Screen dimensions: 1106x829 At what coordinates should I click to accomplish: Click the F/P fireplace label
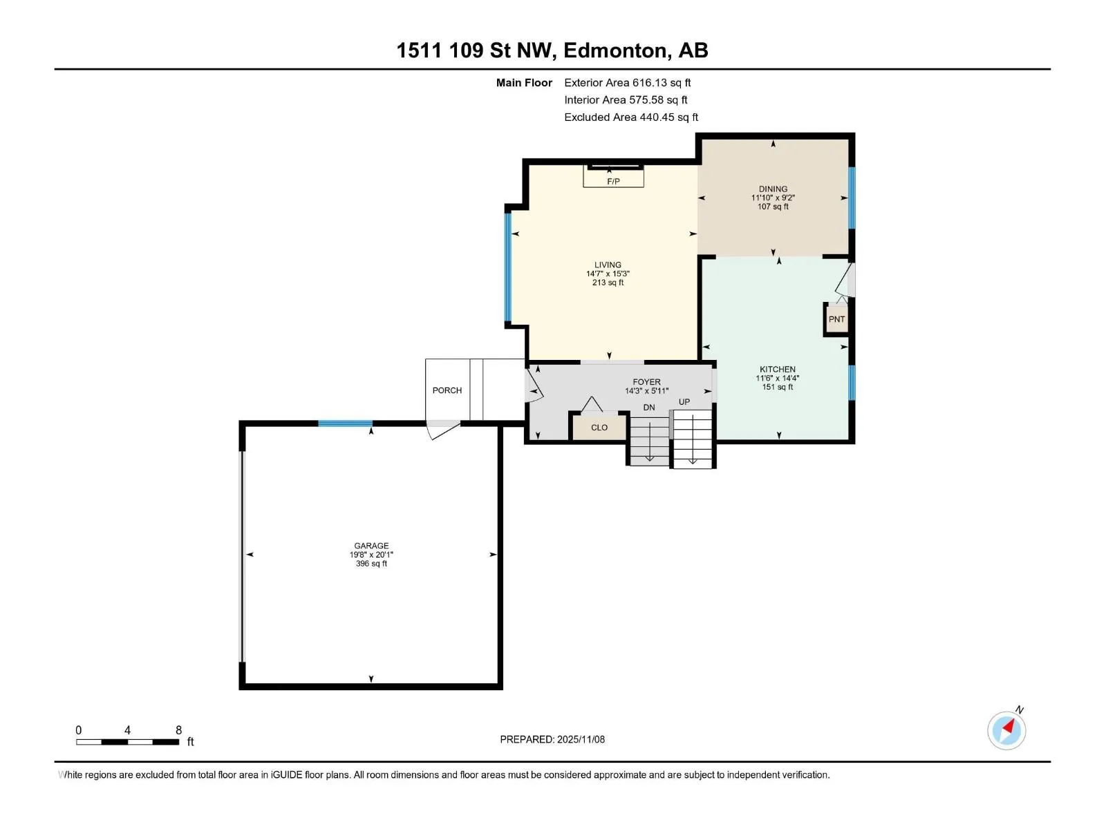click(x=612, y=181)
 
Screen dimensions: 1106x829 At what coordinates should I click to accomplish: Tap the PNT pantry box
click(x=836, y=319)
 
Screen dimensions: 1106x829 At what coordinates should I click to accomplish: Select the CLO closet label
click(x=599, y=428)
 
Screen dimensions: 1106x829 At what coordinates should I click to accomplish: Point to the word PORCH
click(x=447, y=390)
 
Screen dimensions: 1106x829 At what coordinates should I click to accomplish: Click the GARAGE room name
click(x=371, y=546)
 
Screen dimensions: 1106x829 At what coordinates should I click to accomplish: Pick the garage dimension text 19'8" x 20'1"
click(x=371, y=555)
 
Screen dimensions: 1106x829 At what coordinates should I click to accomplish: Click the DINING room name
click(x=773, y=189)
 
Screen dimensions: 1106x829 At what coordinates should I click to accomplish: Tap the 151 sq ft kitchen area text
click(x=778, y=387)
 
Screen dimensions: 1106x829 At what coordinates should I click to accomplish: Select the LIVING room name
click(x=608, y=265)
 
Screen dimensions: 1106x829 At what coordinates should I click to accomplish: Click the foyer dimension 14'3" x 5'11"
click(x=646, y=391)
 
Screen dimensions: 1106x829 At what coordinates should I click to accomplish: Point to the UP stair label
click(x=684, y=401)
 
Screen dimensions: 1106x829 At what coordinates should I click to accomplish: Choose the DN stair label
click(x=649, y=408)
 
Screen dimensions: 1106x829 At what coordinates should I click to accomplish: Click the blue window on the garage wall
click(x=345, y=423)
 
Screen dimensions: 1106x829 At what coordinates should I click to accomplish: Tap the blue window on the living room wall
click(x=508, y=267)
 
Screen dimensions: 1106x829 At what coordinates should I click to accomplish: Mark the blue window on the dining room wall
click(x=852, y=198)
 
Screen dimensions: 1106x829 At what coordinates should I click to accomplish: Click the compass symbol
click(x=1006, y=730)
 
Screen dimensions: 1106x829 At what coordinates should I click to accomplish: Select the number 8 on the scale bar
click(x=178, y=730)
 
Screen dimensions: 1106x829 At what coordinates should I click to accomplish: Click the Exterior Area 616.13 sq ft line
click(x=628, y=82)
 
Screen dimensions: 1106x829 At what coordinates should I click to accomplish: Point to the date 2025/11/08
click(x=581, y=739)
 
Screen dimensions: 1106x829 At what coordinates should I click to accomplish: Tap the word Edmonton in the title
click(x=617, y=50)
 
